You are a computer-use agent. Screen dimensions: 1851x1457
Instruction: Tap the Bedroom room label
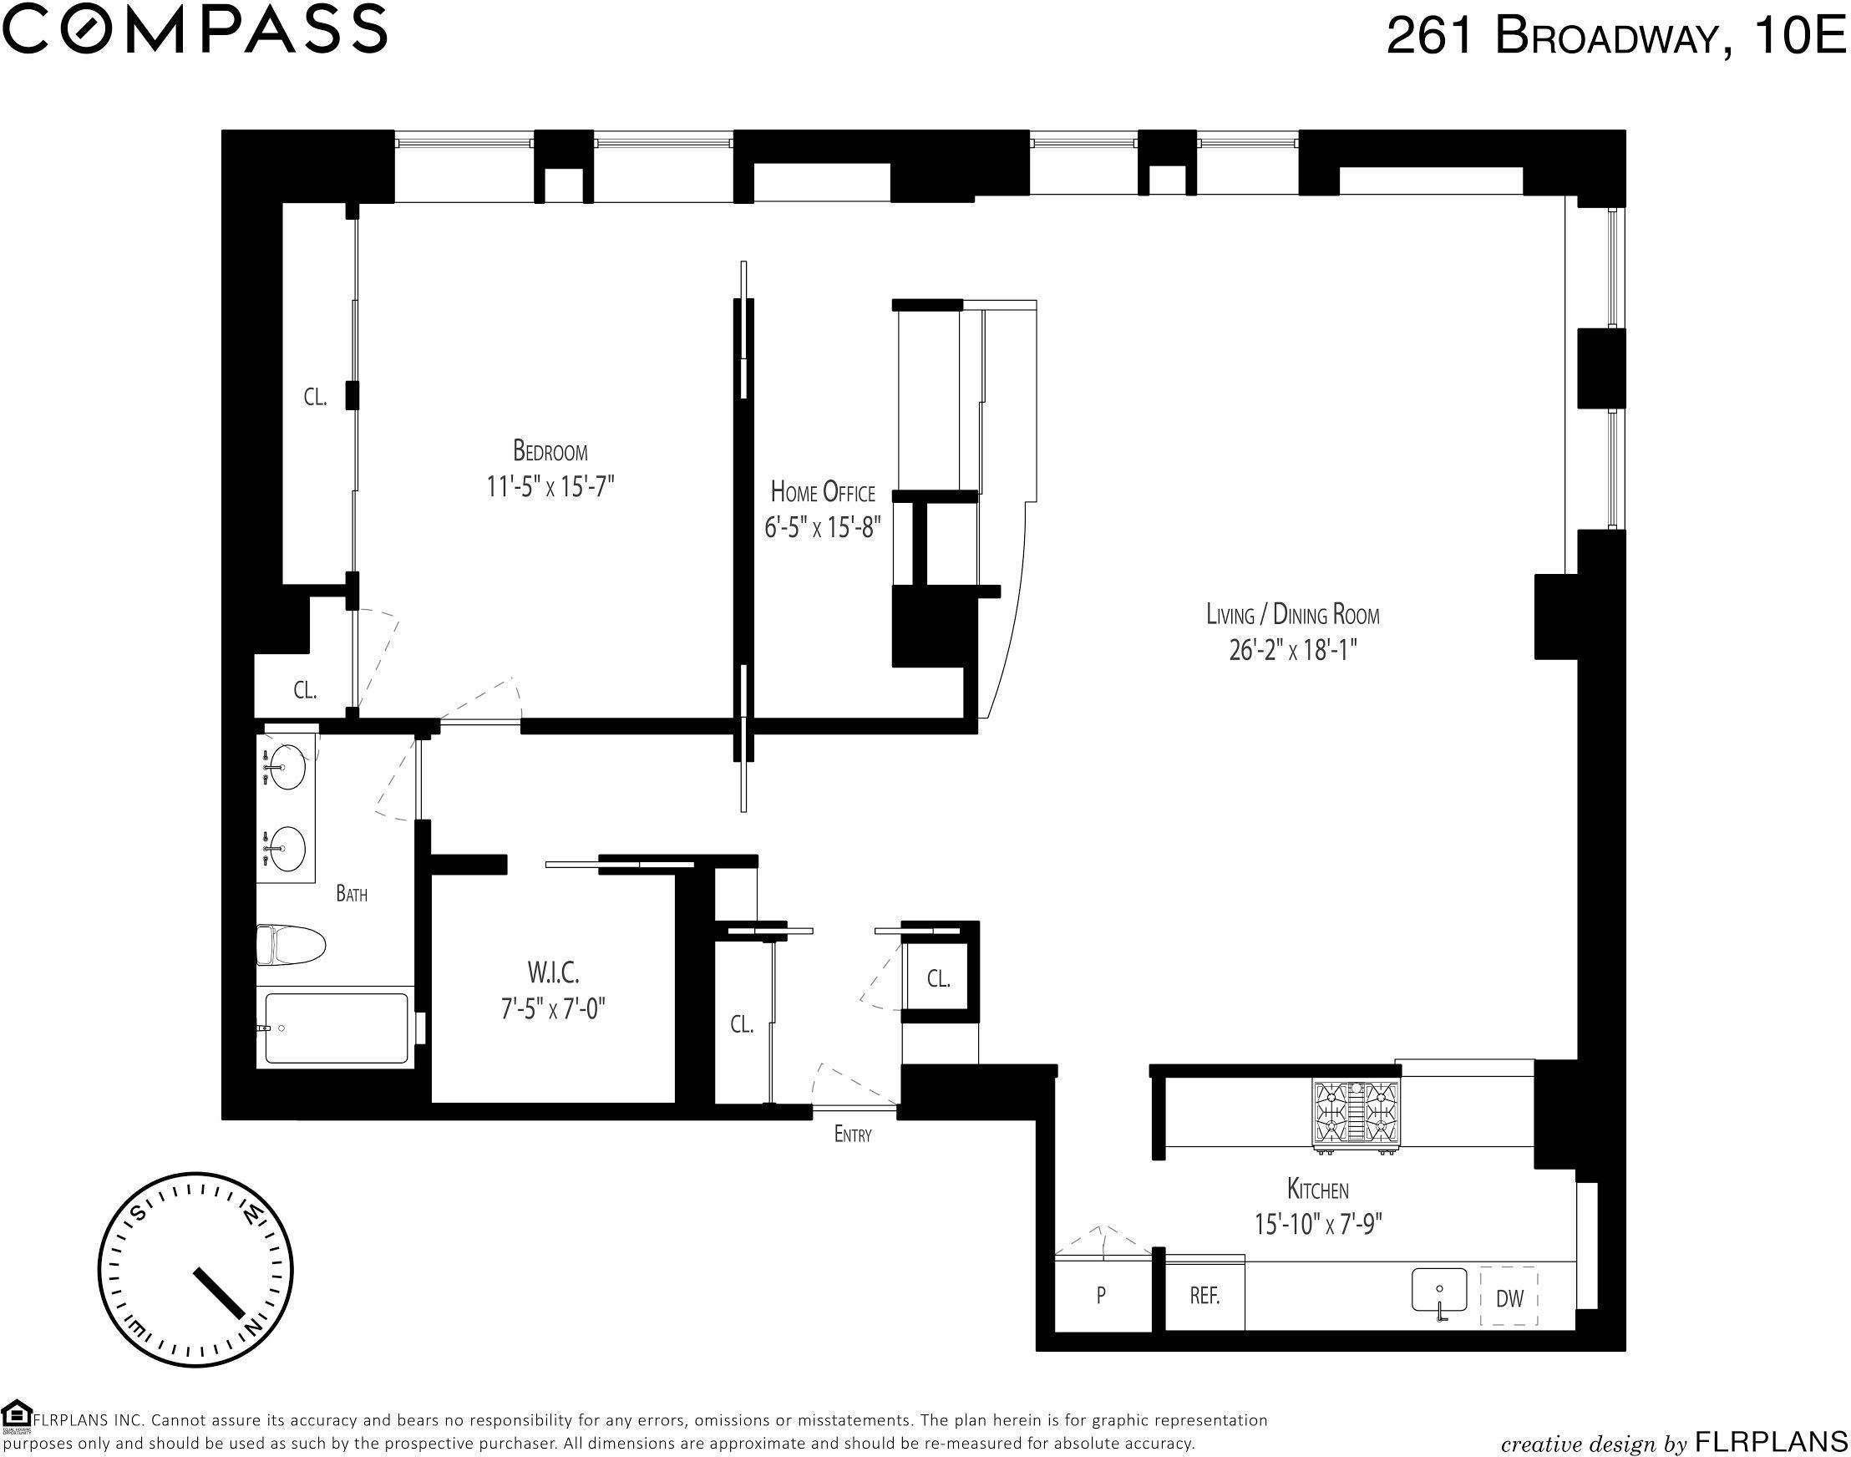tap(550, 449)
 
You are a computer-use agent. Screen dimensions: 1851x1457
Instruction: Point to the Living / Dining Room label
tap(1292, 613)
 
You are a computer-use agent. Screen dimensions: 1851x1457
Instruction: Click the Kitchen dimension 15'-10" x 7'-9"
tap(1318, 1224)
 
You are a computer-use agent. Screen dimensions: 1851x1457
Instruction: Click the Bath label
tap(352, 894)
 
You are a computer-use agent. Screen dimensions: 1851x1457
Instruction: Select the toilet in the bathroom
tap(292, 945)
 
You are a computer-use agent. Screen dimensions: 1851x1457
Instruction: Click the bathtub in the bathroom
tap(334, 1028)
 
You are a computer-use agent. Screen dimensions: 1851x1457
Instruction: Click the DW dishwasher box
tap(1509, 1298)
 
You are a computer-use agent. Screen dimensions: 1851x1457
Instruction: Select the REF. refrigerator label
tap(1204, 1295)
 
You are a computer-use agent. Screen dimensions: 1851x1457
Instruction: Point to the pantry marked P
tap(1102, 1294)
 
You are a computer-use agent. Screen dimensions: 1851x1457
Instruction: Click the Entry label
tap(853, 1135)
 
